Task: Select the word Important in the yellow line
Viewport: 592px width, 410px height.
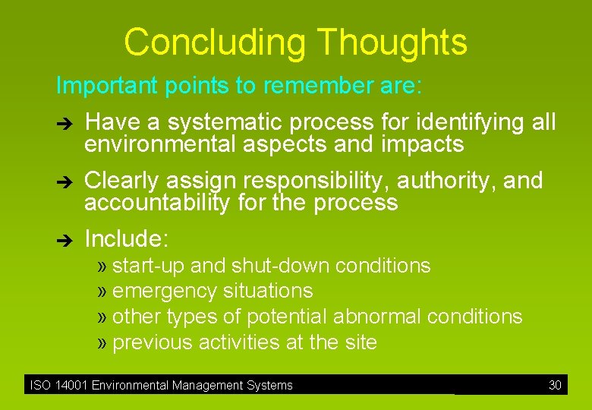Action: coord(103,86)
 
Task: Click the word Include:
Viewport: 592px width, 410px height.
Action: coord(126,239)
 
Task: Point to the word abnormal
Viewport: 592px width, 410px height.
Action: coord(376,317)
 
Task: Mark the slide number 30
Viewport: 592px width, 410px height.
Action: coord(555,385)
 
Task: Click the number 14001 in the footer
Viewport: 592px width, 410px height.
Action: coord(69,385)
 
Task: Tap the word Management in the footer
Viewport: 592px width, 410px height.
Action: coord(197,385)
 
